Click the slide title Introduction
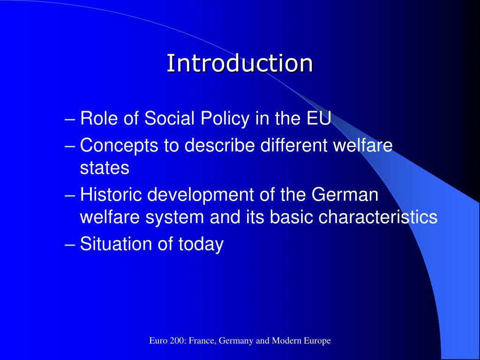240,63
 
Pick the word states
105,168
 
